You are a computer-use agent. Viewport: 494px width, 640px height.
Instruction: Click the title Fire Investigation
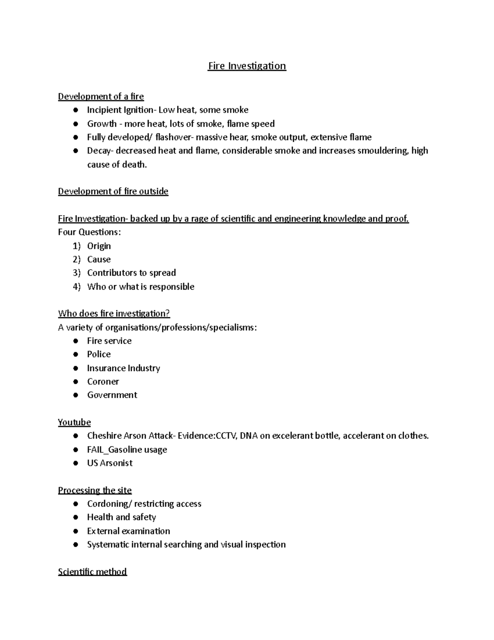tap(247, 66)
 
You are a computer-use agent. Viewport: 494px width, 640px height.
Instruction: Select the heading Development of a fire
tap(101, 96)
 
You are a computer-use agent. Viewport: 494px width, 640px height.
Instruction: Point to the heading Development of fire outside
tap(113, 191)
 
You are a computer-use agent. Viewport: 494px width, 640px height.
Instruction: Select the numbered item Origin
tap(99, 246)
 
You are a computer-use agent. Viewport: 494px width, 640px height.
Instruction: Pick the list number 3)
tap(77, 273)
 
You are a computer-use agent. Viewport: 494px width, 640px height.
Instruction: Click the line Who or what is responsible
tap(140, 286)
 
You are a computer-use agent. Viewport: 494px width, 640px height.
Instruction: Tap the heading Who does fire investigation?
tap(114, 314)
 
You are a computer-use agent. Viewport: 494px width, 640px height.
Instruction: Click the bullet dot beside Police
tap(75, 354)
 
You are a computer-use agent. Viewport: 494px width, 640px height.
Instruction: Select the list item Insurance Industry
tap(123, 368)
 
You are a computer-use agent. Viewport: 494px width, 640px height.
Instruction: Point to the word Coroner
tap(103, 382)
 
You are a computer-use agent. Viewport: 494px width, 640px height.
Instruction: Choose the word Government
tap(112, 395)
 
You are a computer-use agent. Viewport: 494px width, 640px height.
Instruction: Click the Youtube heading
tap(74, 422)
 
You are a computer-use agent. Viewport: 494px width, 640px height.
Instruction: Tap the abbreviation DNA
tap(249, 436)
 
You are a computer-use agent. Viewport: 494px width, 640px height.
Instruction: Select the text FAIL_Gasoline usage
tap(127, 450)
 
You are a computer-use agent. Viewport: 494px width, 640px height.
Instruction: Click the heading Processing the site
tap(95, 490)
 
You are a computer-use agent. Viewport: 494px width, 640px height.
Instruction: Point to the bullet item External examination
tap(128, 531)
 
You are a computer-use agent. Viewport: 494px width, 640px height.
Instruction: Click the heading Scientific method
tap(92, 572)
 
